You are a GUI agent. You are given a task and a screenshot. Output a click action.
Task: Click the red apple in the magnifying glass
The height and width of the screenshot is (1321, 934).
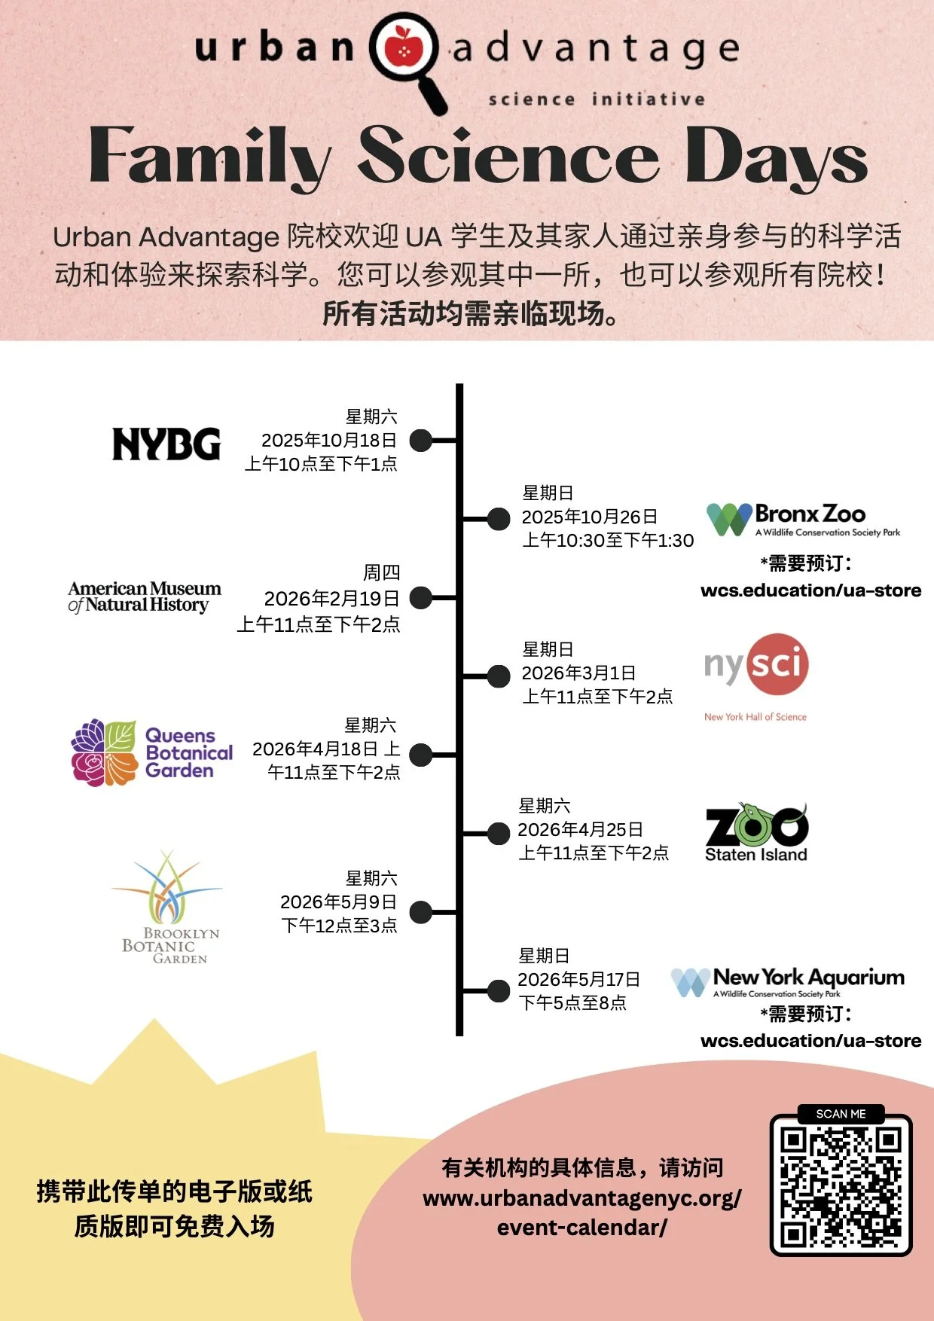(x=404, y=47)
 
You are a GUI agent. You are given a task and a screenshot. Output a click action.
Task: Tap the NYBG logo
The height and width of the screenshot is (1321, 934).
(x=166, y=444)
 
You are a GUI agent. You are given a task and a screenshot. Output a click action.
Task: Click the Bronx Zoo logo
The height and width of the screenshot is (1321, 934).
(x=803, y=519)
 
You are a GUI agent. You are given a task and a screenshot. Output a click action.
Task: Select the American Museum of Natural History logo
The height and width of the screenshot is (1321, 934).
(x=144, y=596)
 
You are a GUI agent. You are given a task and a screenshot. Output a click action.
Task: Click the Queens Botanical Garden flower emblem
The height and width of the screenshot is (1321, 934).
(x=104, y=752)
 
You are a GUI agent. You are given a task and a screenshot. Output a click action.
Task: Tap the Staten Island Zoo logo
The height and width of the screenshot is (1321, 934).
(x=756, y=833)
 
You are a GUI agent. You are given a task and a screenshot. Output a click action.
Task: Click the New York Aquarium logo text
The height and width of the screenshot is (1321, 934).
(x=808, y=978)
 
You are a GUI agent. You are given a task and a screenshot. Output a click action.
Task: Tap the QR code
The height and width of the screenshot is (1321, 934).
(x=841, y=1186)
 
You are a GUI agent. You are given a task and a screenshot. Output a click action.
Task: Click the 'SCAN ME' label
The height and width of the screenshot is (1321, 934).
(x=841, y=1114)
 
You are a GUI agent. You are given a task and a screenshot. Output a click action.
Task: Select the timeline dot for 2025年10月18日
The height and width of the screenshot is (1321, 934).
(x=420, y=441)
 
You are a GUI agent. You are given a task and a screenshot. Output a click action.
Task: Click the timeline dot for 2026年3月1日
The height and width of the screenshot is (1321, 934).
(x=499, y=676)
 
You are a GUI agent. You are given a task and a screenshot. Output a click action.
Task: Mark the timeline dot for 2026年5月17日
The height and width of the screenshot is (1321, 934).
(x=499, y=990)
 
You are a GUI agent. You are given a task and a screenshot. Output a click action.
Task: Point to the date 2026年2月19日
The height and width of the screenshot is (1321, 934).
(x=331, y=599)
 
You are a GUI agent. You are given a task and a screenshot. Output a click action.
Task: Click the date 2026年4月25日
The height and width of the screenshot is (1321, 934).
(x=580, y=830)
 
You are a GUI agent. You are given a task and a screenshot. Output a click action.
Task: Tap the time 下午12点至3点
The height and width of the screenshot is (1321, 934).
(x=339, y=926)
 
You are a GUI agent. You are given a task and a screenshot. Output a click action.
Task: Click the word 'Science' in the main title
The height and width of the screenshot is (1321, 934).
(x=508, y=157)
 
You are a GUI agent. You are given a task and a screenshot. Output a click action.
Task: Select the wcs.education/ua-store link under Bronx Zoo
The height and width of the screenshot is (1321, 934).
(x=810, y=590)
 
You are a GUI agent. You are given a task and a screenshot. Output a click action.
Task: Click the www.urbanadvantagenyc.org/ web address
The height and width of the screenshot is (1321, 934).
(x=581, y=1198)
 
